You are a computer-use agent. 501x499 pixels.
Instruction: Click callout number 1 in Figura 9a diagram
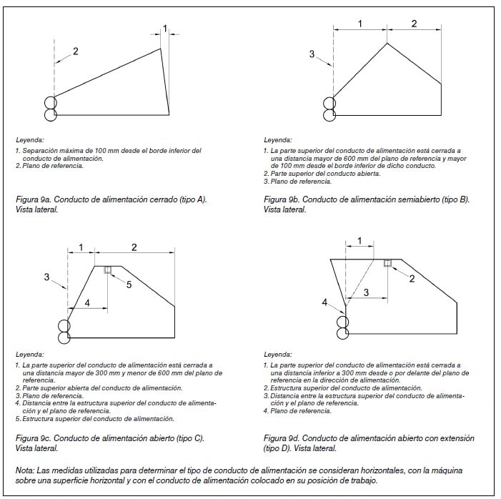[165, 29]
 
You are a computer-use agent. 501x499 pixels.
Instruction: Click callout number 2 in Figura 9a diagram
[75, 51]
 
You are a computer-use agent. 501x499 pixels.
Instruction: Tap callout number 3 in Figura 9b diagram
[312, 54]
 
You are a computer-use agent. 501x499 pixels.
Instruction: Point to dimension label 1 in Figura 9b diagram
[359, 24]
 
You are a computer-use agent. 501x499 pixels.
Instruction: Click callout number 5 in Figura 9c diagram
[129, 285]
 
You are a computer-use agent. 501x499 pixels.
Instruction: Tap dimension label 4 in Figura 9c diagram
[86, 303]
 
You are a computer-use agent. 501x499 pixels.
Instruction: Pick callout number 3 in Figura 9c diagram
[47, 277]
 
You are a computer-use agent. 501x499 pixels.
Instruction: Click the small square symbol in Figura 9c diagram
[108, 270]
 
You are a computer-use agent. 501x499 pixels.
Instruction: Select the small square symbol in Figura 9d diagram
[387, 263]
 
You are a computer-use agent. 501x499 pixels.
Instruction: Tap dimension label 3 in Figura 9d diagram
[366, 292]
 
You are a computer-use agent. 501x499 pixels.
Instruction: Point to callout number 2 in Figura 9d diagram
[412, 278]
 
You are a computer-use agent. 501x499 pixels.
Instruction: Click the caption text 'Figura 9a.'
[32, 199]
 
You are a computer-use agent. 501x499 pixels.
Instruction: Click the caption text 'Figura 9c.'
[32, 438]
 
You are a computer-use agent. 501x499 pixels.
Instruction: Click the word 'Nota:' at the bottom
[26, 470]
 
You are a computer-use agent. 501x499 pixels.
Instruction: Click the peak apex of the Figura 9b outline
[387, 44]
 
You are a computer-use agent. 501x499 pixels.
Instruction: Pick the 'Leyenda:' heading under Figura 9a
[30, 140]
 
